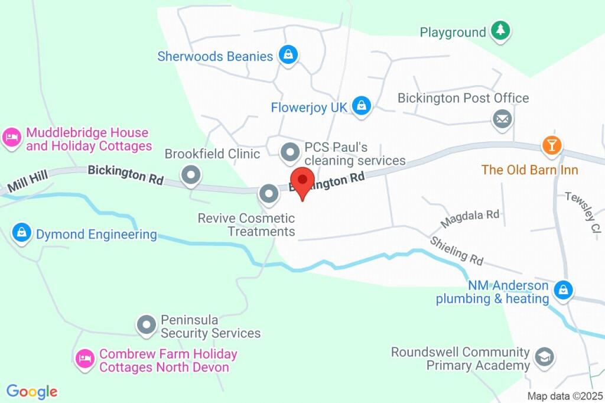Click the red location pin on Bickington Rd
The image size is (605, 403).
click(x=304, y=180)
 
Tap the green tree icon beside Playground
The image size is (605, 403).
click(x=500, y=31)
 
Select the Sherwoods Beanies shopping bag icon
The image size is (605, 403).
click(x=288, y=56)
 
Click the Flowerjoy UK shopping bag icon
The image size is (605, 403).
click(x=361, y=106)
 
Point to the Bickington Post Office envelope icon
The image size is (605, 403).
click(x=502, y=119)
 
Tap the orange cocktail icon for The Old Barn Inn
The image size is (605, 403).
click(x=552, y=145)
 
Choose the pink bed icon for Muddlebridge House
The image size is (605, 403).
click(x=12, y=139)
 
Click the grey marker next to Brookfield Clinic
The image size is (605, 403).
click(x=191, y=175)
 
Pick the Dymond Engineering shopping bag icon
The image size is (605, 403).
click(x=22, y=232)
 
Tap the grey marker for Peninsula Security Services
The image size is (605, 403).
click(x=146, y=324)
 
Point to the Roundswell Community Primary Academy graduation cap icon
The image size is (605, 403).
click(x=543, y=356)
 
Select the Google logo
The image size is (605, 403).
click(x=32, y=391)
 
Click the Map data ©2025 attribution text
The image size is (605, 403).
click(x=565, y=396)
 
